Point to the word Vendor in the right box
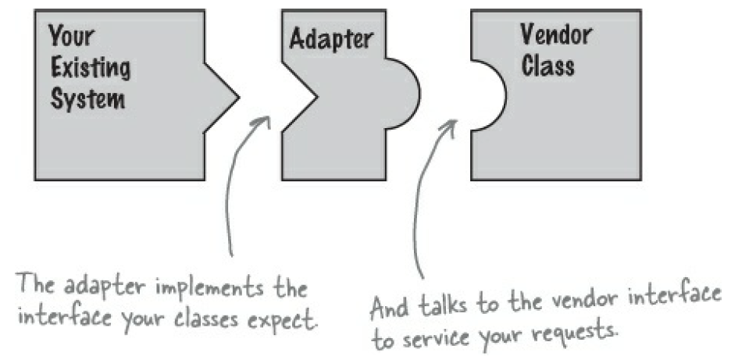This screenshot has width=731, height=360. coord(555,34)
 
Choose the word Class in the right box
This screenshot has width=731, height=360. coord(548,66)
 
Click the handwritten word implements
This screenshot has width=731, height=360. coord(216,290)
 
